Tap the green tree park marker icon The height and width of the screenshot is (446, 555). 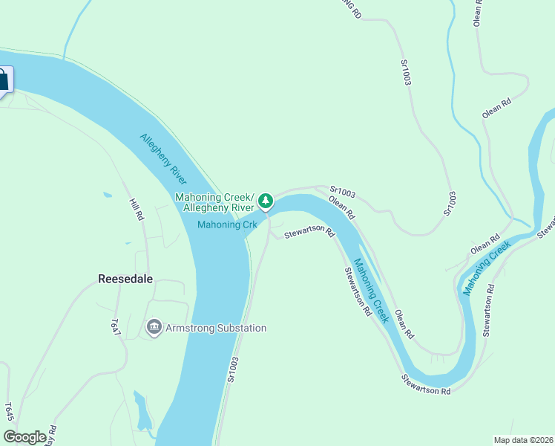point(265,201)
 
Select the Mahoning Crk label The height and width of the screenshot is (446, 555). point(227,224)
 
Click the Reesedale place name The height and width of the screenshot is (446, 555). point(126,279)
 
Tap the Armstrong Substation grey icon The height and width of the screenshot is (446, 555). point(154,327)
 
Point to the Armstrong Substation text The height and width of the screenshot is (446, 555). point(216,328)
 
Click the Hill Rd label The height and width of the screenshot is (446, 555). point(136,210)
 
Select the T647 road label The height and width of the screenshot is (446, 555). point(115,329)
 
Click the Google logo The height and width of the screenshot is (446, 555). point(24,437)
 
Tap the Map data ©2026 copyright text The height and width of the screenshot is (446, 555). point(522,440)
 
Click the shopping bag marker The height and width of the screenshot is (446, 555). point(2,80)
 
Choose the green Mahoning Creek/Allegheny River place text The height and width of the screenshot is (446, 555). point(214,202)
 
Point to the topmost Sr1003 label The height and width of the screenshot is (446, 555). point(406,73)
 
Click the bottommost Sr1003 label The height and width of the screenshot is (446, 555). point(232,369)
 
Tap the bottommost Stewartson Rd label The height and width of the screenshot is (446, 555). point(426,385)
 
